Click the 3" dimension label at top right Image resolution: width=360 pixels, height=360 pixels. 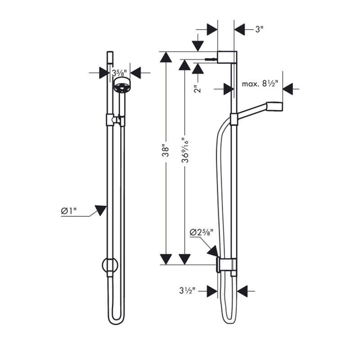[259, 30]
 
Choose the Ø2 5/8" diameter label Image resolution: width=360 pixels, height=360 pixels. [201, 232]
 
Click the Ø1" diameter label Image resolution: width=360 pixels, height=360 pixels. [69, 211]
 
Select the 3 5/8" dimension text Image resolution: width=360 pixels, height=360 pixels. [119, 72]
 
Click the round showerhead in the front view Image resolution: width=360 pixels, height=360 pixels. [121, 84]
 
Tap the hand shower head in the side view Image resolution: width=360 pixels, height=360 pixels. [274, 106]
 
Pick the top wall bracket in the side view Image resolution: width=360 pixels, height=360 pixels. [226, 57]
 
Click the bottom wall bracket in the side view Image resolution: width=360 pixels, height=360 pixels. [226, 265]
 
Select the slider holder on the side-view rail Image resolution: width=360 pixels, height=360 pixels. [234, 119]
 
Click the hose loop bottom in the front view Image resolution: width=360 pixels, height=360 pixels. [116, 320]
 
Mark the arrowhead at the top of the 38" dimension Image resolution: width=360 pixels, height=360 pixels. [166, 57]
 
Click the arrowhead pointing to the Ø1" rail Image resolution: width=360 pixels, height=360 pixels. [100, 210]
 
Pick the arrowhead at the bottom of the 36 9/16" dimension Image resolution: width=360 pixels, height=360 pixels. [184, 259]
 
